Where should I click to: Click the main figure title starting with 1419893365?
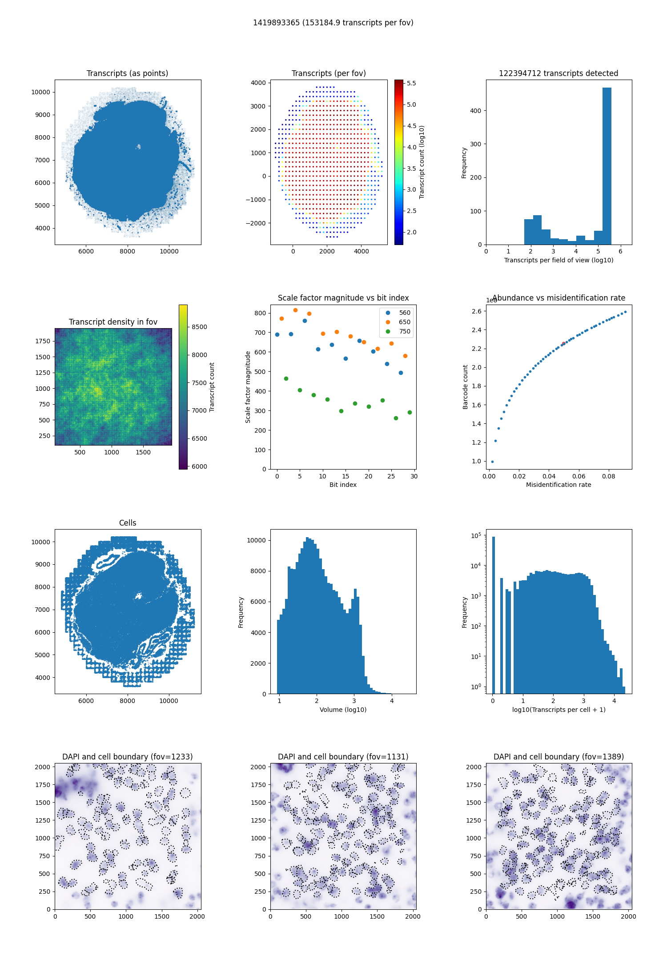point(333,23)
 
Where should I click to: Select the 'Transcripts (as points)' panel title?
point(128,73)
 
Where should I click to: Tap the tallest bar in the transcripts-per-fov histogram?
point(607,166)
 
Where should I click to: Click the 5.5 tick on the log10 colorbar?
point(411,83)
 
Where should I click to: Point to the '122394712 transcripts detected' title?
point(559,73)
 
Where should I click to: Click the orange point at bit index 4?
point(295,310)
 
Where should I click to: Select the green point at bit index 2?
point(286,378)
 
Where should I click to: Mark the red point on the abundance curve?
point(563,343)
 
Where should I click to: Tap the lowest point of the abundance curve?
point(492,462)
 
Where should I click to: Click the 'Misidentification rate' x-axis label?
point(559,485)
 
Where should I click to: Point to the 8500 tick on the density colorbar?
point(199,327)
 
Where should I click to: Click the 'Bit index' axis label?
point(343,485)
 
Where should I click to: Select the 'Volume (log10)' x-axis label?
point(343,710)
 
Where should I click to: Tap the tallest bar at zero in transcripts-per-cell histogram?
point(493,615)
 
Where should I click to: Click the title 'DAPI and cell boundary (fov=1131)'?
point(343,757)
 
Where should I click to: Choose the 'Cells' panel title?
point(128,523)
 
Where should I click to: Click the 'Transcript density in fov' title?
point(113,322)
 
